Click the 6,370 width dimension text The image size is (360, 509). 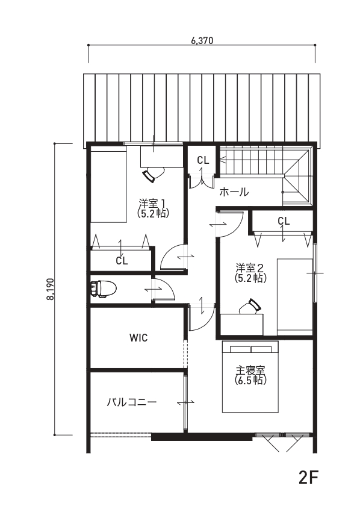202,40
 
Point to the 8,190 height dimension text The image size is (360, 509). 51,289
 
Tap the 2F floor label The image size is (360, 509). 309,477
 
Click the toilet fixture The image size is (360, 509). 103,289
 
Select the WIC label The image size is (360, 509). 138,337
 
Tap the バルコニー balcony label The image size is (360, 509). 132,402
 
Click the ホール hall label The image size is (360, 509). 234,192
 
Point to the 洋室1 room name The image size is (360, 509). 152,204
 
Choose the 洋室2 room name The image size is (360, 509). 249,268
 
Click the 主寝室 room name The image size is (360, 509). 250,370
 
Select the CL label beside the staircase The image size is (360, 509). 203,160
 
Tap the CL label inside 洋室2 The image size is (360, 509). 284,221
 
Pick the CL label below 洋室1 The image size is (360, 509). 122,261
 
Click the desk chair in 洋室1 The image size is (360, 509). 153,174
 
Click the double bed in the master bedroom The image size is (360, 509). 250,376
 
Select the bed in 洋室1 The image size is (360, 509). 108,184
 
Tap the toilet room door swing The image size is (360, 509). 165,289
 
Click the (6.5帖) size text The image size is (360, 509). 250,380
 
